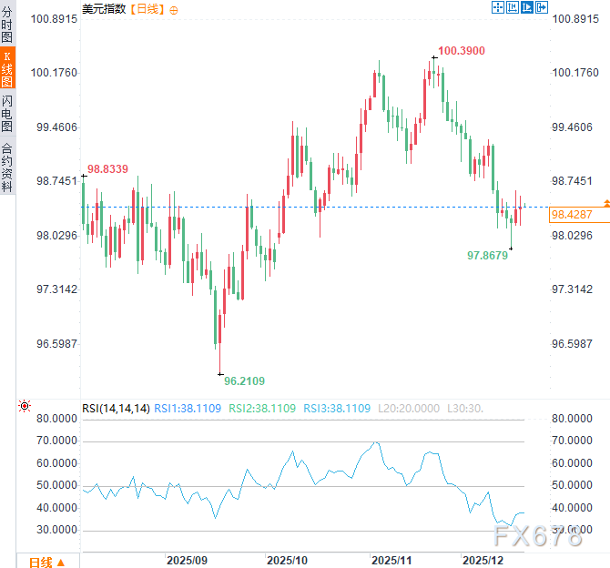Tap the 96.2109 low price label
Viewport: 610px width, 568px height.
[x=244, y=380]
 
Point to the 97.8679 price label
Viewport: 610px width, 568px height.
[x=487, y=256]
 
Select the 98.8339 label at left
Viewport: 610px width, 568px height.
[x=107, y=168]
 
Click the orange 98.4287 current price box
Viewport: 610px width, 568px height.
[x=572, y=215]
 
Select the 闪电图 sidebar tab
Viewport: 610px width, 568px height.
[x=7, y=112]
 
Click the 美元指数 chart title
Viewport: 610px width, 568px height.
[x=104, y=8]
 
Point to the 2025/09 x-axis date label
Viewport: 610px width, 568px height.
[x=188, y=558]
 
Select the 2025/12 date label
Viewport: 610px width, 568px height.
[x=483, y=558]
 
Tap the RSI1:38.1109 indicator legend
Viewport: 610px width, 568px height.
[x=187, y=408]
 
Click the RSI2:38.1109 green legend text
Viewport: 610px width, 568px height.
[x=262, y=408]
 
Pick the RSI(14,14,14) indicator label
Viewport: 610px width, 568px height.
[x=116, y=408]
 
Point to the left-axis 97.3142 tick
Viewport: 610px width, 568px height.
[x=56, y=289]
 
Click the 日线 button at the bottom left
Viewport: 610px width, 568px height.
[x=46, y=562]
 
